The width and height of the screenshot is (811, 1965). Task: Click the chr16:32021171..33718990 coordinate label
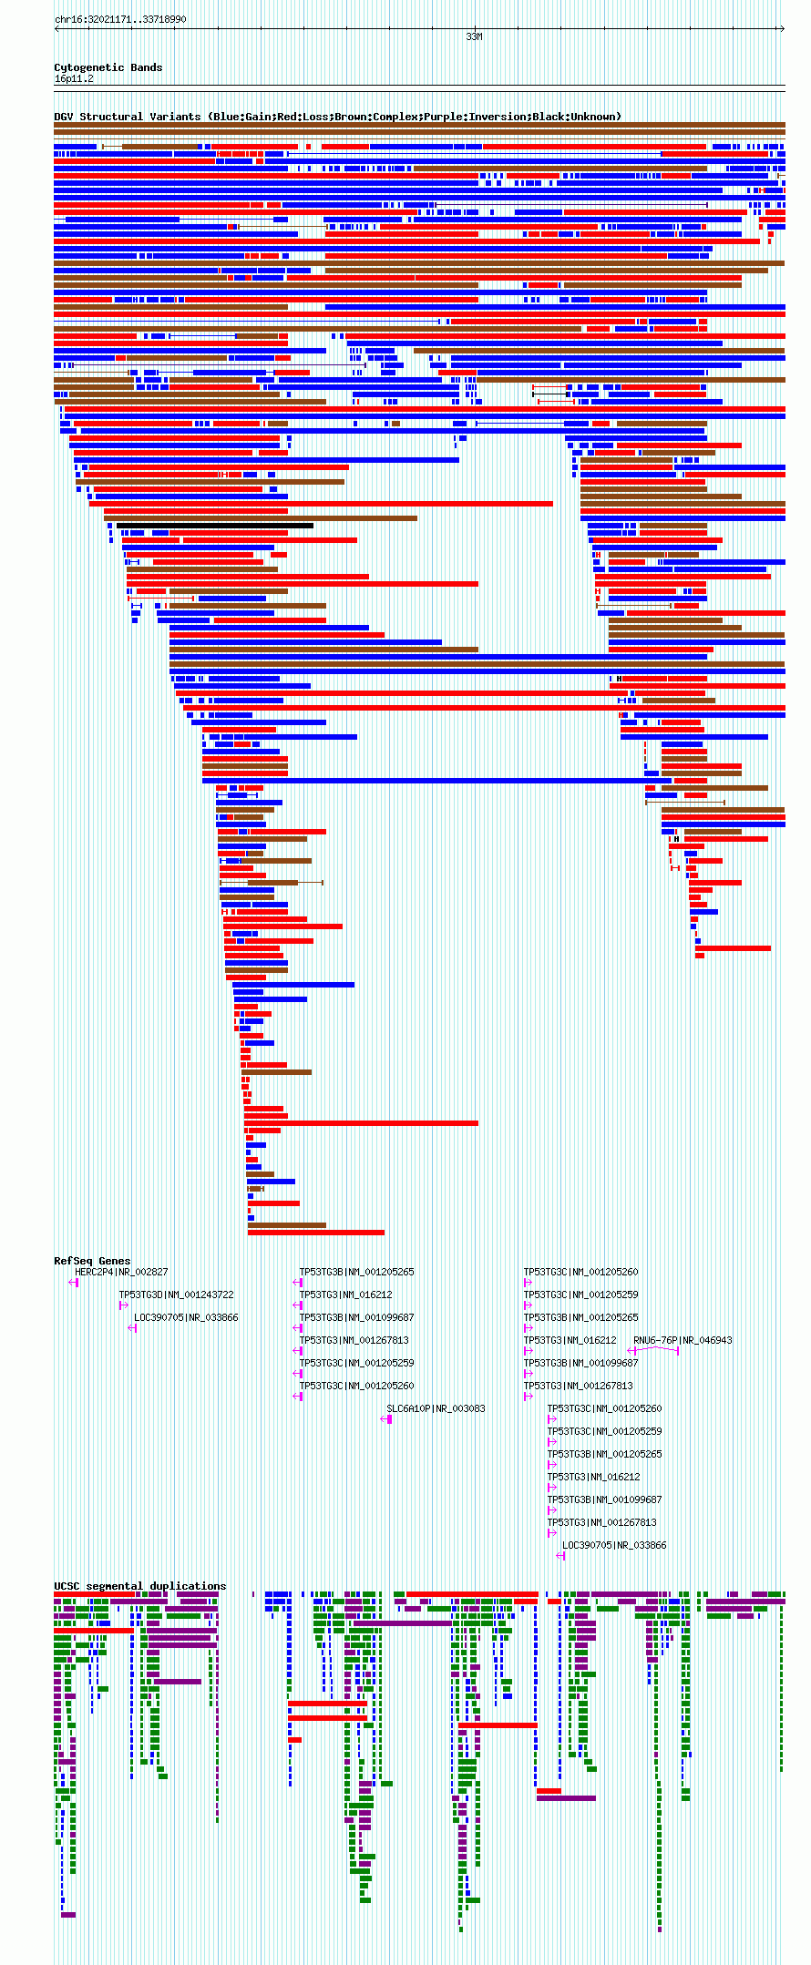tap(120, 19)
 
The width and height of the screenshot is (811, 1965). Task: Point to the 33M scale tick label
tap(474, 37)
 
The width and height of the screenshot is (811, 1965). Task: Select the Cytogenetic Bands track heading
tap(108, 67)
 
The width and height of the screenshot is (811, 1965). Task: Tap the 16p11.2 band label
tap(74, 79)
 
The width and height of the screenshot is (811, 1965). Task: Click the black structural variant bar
tap(215, 526)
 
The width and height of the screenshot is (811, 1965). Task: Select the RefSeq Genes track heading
tap(92, 1261)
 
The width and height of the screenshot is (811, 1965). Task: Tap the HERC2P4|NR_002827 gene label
tap(121, 1272)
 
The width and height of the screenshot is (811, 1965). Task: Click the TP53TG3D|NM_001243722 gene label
tap(176, 1295)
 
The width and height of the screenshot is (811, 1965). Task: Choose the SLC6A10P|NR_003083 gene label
tap(436, 1408)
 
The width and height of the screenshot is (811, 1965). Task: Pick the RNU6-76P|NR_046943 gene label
tap(683, 1340)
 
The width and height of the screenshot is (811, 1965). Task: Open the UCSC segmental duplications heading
tap(139, 1586)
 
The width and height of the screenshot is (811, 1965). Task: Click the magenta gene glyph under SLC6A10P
tap(386, 1419)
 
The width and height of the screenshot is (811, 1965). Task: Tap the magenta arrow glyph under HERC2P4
tap(74, 1283)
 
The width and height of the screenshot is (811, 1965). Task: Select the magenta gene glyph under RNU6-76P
tap(654, 1350)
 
